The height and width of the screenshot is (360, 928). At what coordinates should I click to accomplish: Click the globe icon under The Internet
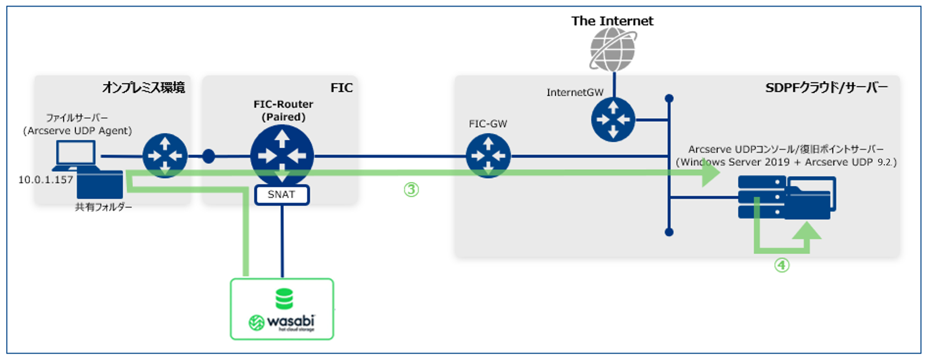613,50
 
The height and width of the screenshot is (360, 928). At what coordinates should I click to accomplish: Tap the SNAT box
281,195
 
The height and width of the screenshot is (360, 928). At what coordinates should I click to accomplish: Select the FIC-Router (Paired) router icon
282,156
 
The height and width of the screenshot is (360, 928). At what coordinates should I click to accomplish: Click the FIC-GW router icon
488,156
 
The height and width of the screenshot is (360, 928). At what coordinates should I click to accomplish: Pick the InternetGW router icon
613,119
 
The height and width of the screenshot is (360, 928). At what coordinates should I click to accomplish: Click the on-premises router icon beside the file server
165,156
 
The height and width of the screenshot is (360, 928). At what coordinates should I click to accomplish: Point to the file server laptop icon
76,155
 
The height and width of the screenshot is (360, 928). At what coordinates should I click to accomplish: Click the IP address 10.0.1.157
46,180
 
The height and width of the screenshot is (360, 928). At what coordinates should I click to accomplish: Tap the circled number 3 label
411,190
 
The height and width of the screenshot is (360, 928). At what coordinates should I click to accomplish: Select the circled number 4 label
781,265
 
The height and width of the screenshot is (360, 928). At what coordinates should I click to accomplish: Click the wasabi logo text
290,321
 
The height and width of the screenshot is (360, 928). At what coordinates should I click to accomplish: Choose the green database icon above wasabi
284,299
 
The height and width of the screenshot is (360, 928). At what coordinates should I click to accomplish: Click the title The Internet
612,21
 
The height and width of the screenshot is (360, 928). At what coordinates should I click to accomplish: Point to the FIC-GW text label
488,124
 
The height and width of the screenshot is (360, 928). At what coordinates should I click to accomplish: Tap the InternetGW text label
575,92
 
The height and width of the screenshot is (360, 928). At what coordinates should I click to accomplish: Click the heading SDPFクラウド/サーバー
826,87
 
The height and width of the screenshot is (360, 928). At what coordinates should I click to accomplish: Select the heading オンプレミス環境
143,87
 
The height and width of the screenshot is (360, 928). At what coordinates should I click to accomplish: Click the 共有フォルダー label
103,207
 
